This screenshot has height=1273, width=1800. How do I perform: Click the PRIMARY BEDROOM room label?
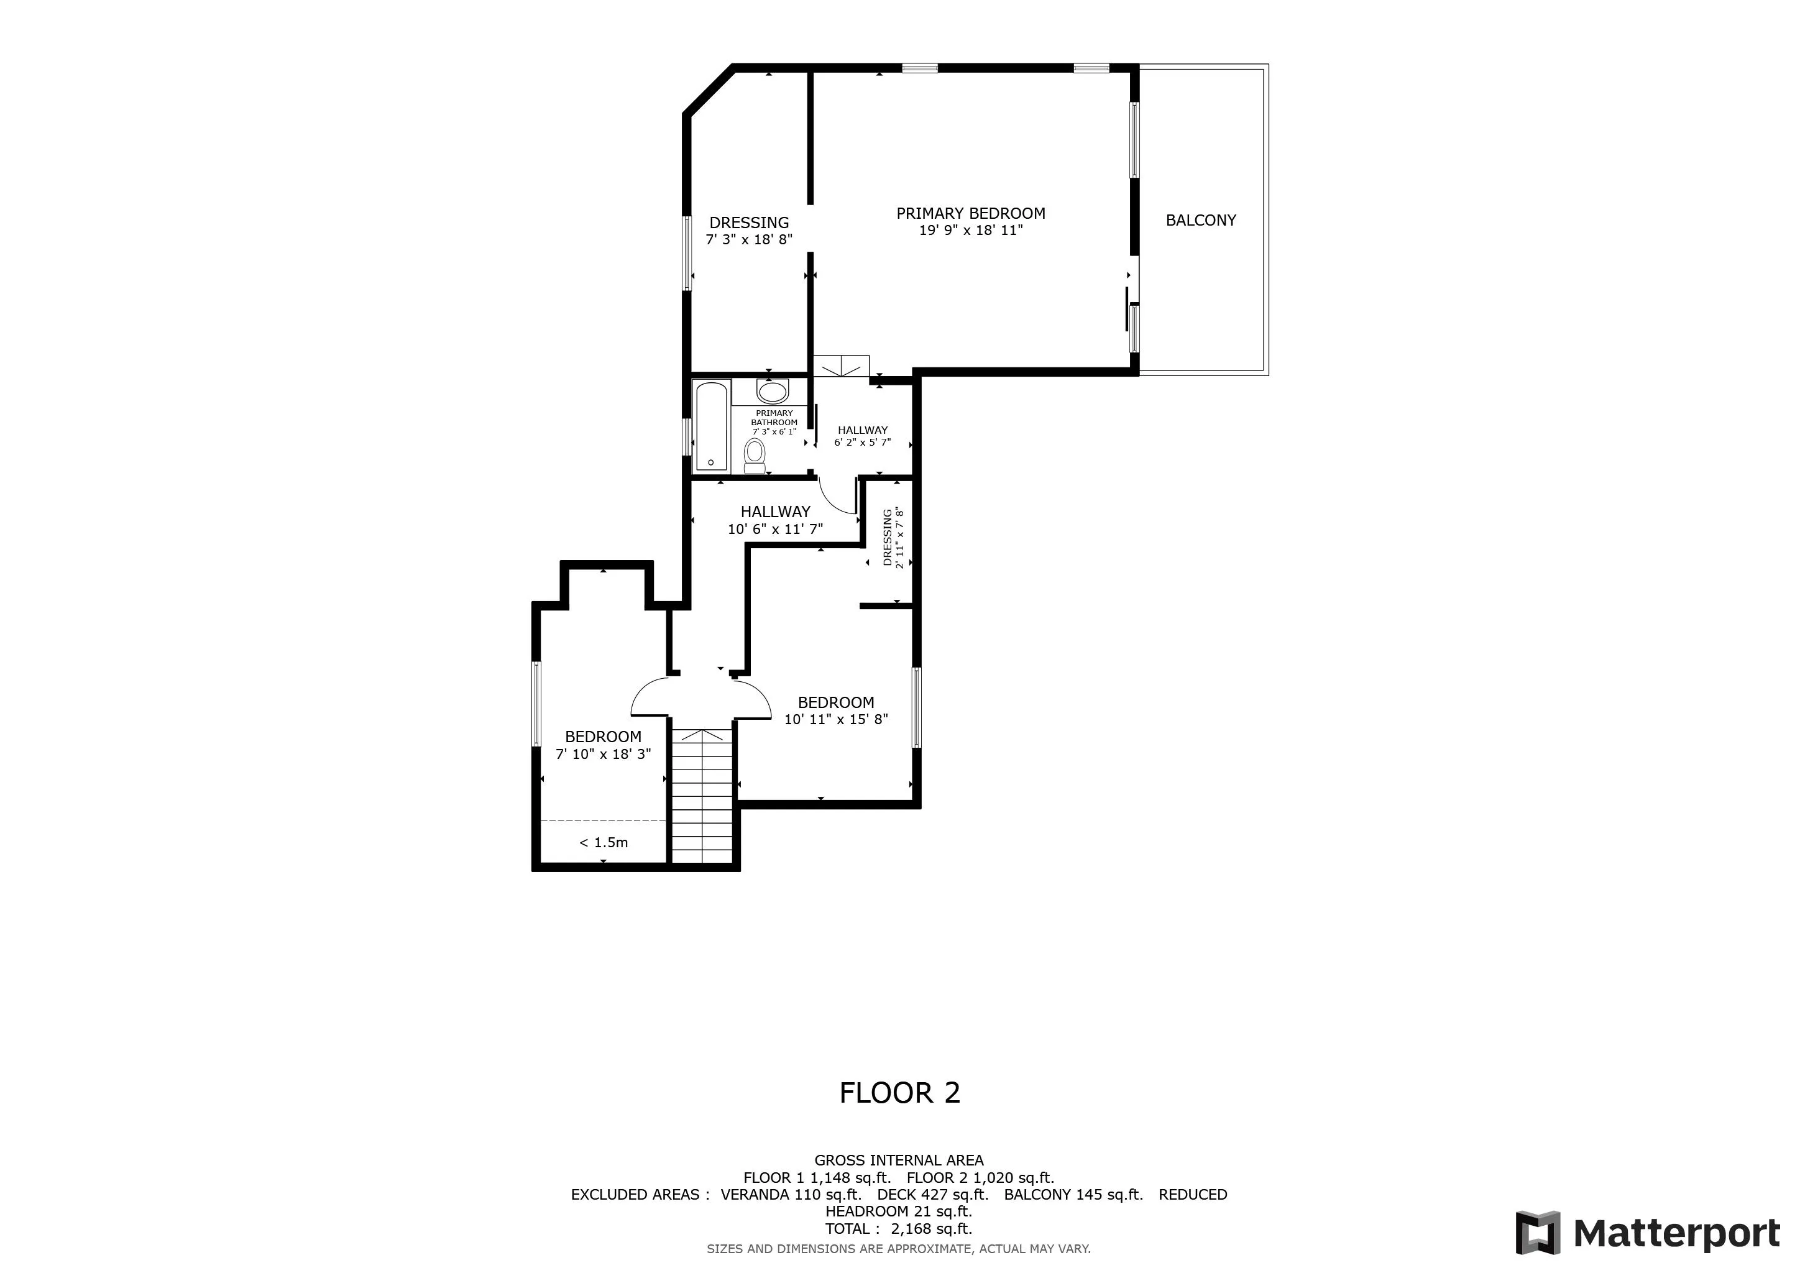971,213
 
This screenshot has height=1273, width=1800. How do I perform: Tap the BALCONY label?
1200,220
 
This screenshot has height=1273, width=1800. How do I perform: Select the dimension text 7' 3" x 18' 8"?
749,240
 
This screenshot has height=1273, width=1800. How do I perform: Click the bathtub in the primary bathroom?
712,426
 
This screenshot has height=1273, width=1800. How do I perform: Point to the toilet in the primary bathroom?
754,456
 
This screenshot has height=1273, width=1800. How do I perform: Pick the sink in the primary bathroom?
772,391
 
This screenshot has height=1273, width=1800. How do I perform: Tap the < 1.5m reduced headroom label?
603,843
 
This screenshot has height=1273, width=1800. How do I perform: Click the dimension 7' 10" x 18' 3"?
603,754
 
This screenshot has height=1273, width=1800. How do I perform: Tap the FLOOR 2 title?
899,1093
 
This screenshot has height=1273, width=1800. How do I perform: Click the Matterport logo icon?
1536,1233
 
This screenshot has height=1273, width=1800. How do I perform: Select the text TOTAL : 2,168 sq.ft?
898,1228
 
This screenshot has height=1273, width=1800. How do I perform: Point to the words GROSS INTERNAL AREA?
898,1160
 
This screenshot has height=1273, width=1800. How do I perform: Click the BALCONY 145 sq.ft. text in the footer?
1073,1195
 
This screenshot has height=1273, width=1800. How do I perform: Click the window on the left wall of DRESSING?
687,253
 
